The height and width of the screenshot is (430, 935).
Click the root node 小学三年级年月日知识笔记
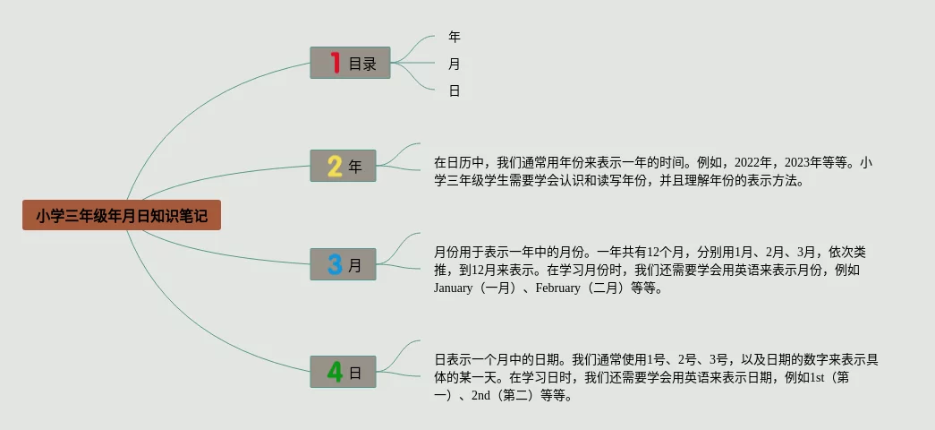coord(121,216)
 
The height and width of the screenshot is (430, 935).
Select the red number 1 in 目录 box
coord(336,63)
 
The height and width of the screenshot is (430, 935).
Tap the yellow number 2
coord(335,166)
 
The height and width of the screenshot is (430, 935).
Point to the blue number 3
coord(335,264)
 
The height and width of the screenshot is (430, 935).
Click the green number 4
coord(335,372)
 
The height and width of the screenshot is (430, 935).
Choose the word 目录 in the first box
coord(362,64)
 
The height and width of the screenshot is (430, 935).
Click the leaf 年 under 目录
coord(455,37)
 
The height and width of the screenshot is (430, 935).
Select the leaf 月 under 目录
coord(455,64)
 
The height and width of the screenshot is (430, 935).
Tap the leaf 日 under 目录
coord(455,90)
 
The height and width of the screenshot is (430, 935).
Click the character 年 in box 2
coord(355,167)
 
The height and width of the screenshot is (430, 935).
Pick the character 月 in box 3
coord(355,265)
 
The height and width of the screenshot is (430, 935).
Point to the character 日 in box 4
coord(355,373)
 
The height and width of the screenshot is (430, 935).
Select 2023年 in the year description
coord(803,163)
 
